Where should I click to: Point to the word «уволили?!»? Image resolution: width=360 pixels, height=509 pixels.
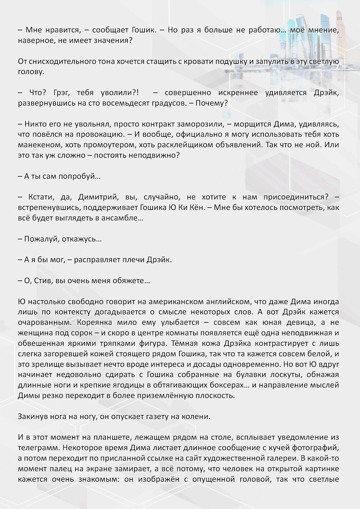pos(120,93)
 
